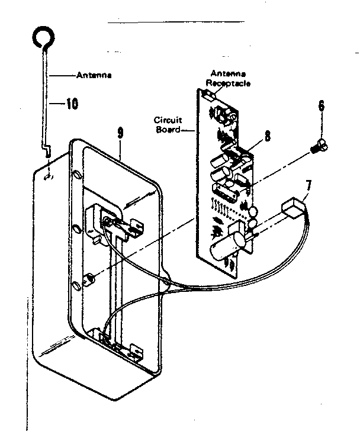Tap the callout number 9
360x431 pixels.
(x=121, y=133)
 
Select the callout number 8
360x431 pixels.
(x=268, y=136)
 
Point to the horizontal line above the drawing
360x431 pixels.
(x=175, y=22)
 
